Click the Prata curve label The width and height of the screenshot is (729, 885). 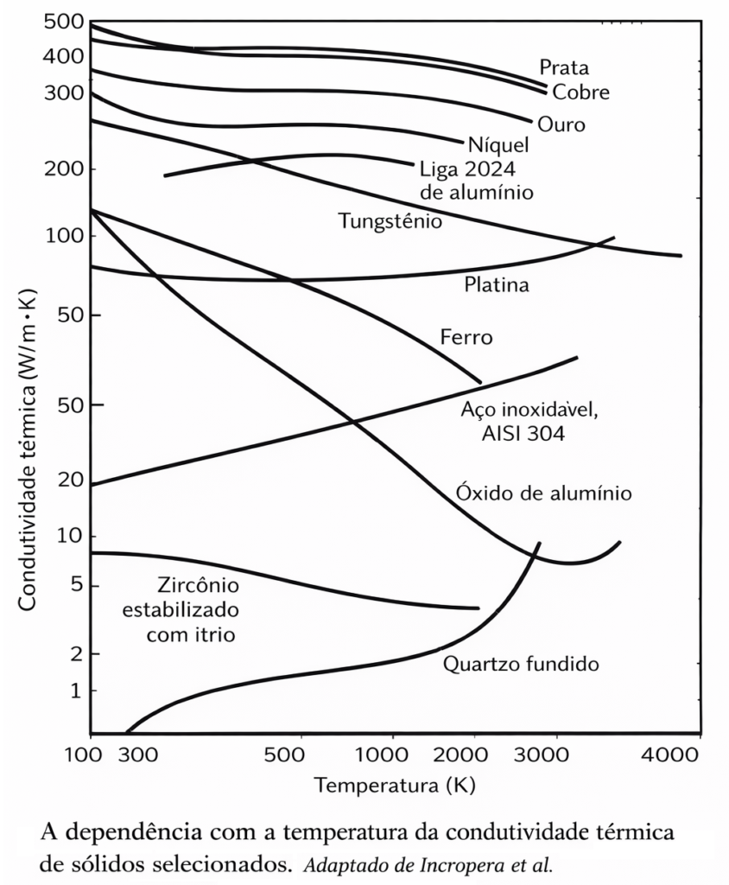(x=563, y=67)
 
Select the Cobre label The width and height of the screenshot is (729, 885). (x=580, y=92)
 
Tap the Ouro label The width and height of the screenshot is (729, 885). (x=561, y=124)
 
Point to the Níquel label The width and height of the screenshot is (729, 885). (x=498, y=144)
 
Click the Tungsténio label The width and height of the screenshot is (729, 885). (x=390, y=221)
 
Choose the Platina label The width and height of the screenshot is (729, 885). (x=496, y=284)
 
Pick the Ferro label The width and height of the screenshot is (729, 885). (x=466, y=337)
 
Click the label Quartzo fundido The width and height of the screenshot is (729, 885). (x=521, y=665)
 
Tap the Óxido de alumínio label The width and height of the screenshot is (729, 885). (x=543, y=493)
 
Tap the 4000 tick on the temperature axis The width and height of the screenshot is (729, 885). (x=670, y=754)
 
